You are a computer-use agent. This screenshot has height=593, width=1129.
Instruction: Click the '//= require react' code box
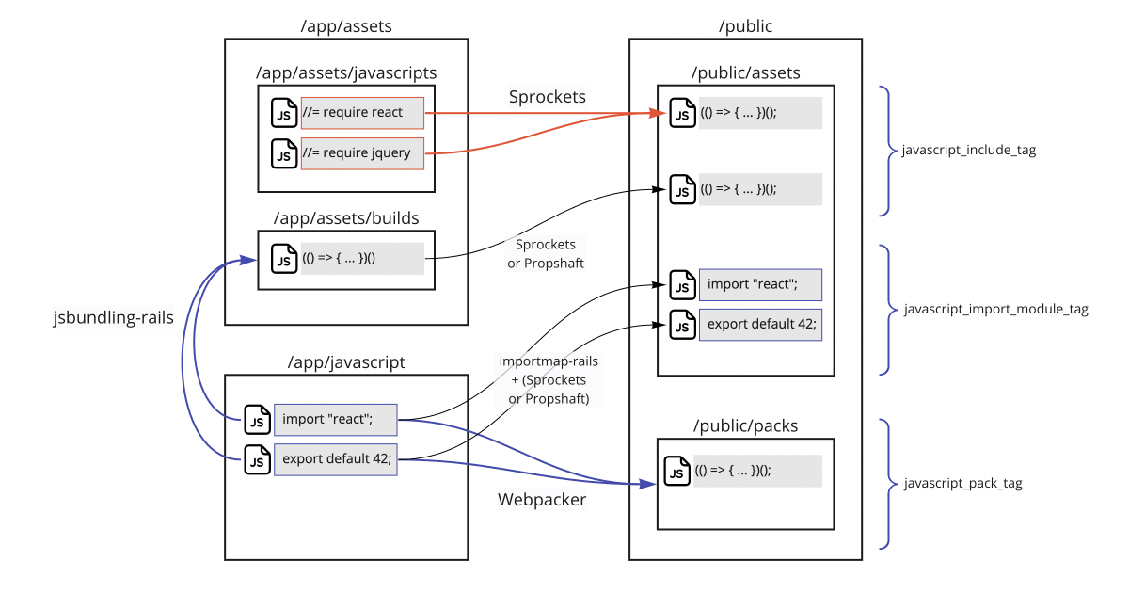(x=362, y=113)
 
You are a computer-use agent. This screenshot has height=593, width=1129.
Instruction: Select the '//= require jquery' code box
(x=362, y=153)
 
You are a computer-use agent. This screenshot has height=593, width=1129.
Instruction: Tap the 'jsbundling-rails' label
(x=113, y=318)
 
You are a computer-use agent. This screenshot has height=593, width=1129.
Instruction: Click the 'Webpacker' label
(x=542, y=500)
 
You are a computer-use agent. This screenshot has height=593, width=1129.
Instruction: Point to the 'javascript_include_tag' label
(x=968, y=151)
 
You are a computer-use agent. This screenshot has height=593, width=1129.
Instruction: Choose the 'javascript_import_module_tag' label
(x=995, y=309)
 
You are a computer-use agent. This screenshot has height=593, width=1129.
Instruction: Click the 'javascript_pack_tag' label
(x=962, y=484)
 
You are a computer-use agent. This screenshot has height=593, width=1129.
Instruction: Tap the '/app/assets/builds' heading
(x=346, y=218)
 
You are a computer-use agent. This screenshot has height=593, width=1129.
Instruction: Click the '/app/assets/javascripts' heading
(x=346, y=72)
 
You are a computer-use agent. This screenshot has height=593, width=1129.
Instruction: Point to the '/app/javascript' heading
(x=346, y=361)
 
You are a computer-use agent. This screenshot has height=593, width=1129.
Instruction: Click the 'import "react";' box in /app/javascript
(x=335, y=419)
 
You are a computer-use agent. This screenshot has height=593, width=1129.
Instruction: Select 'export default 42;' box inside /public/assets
(x=760, y=325)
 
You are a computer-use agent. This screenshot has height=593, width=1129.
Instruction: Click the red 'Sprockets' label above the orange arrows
(x=548, y=97)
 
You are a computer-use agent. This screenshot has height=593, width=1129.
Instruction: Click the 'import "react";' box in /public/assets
(x=760, y=284)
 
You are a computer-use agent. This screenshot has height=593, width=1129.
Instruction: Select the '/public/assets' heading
(x=745, y=72)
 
